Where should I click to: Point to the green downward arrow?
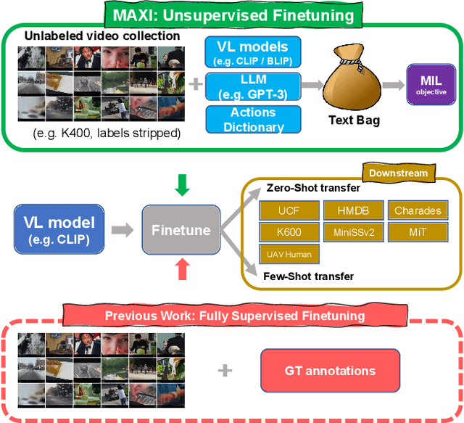click(x=183, y=185)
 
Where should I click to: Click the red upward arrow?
click(x=183, y=270)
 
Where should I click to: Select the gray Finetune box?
click(x=181, y=230)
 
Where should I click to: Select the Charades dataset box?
click(x=418, y=211)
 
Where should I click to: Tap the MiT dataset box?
click(x=418, y=233)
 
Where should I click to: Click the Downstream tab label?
click(x=398, y=173)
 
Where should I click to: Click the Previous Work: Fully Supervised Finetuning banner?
click(x=234, y=316)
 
